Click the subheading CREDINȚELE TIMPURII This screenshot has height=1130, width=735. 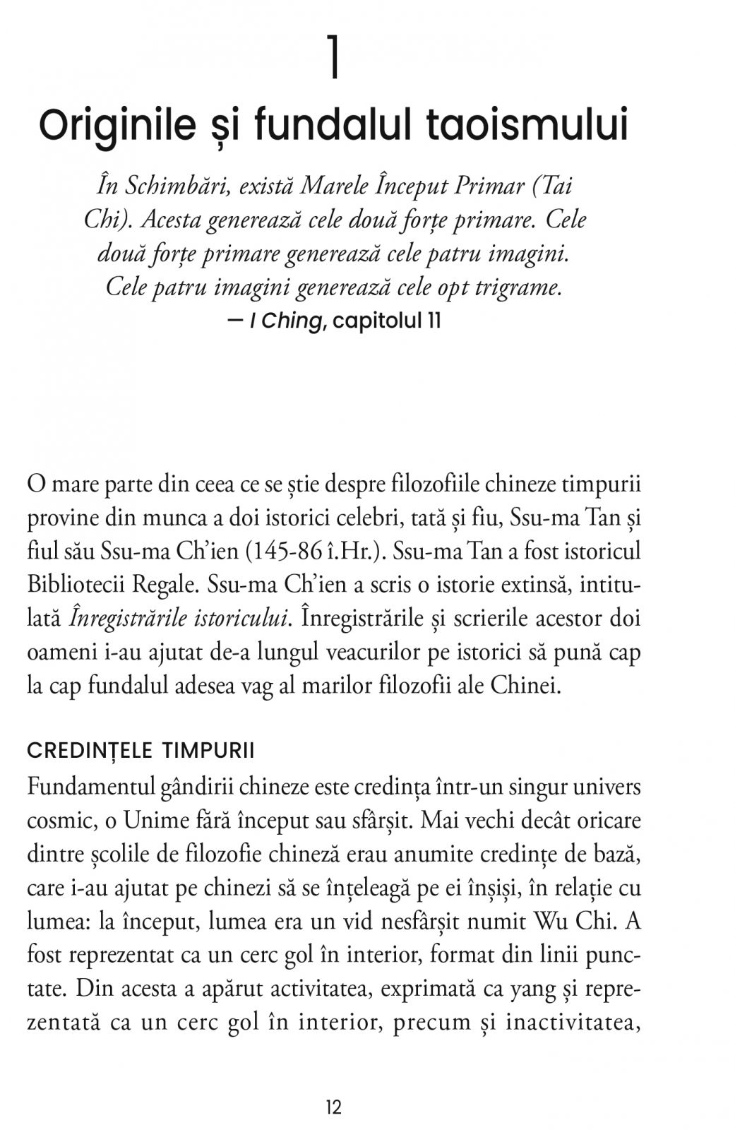pyautogui.click(x=141, y=751)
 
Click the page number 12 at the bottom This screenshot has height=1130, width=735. pyautogui.click(x=334, y=1107)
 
